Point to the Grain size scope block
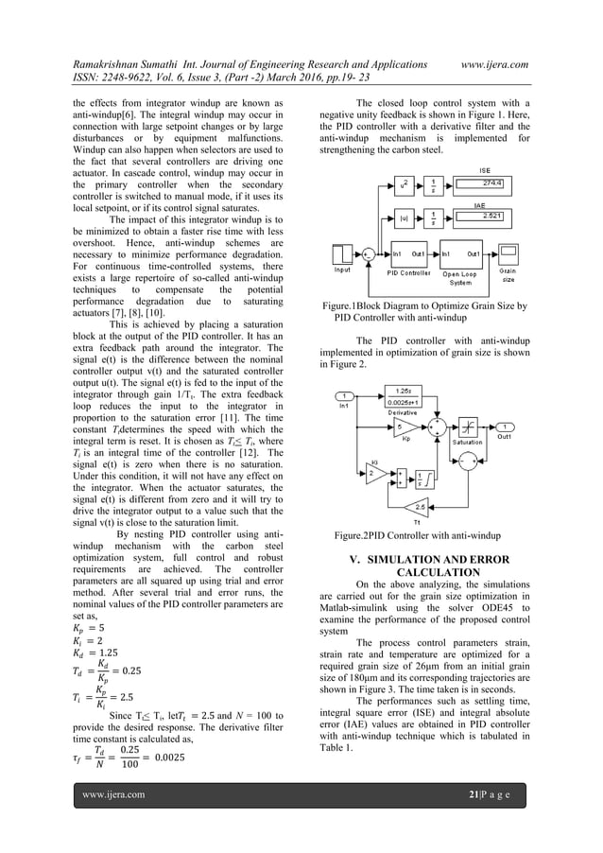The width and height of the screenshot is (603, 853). (508, 253)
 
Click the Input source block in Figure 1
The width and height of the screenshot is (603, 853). (341, 253)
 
